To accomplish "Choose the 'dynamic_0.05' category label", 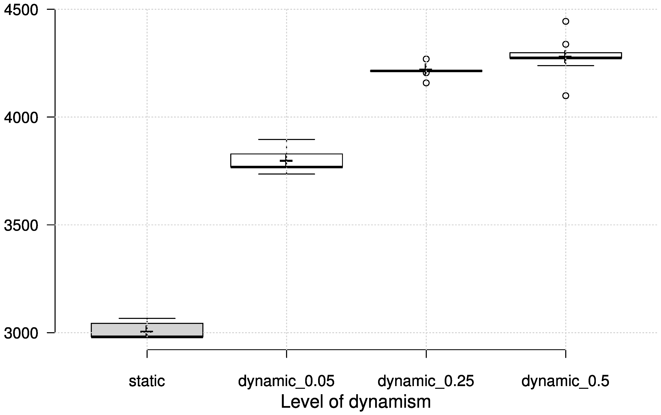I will [286, 381].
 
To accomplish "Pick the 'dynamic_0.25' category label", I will [426, 381].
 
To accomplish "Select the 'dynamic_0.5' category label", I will [565, 381].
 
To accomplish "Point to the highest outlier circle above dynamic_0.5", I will [565, 21].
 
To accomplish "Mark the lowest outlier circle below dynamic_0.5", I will [565, 96].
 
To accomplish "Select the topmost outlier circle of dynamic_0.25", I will [426, 59].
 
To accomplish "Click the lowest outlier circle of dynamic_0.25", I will [426, 83].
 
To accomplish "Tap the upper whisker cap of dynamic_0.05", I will [286, 140].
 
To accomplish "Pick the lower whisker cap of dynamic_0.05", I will [286, 174].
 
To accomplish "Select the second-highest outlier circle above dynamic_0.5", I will [565, 44].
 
